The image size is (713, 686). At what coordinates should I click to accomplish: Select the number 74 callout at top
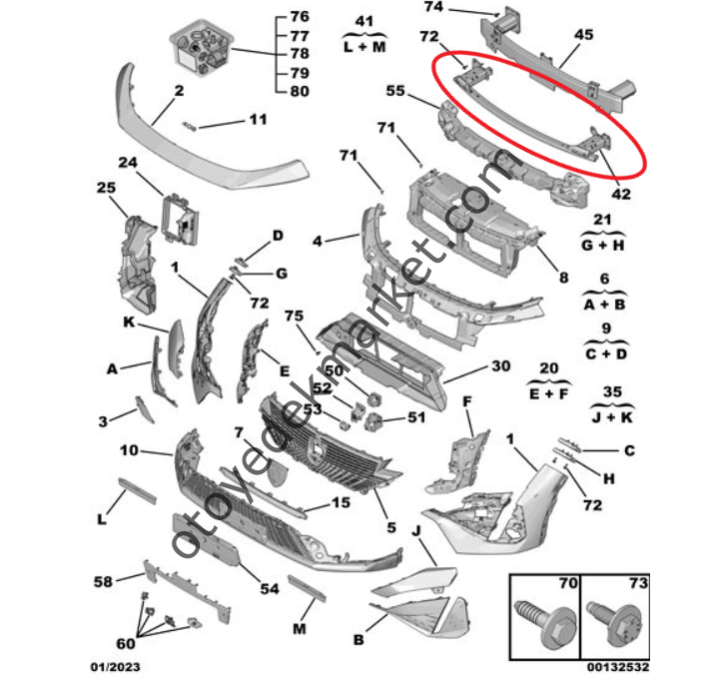click(433, 7)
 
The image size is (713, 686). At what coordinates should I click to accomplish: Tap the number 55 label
click(395, 90)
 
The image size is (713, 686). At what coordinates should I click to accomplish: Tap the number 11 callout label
click(259, 121)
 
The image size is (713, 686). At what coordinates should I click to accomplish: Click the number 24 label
click(127, 163)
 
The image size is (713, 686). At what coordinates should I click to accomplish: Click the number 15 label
click(341, 503)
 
